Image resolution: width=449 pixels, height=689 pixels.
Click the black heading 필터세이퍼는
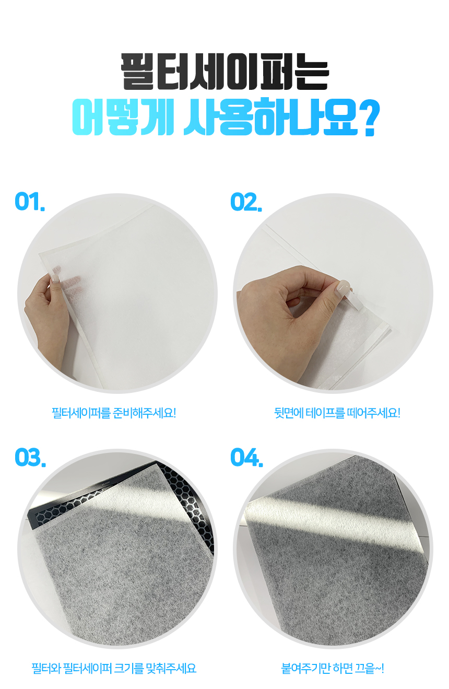click(x=224, y=72)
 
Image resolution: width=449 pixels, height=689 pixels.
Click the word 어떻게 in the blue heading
click(x=123, y=117)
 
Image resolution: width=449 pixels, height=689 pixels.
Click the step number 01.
click(x=30, y=202)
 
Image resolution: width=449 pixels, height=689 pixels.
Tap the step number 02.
click(x=246, y=202)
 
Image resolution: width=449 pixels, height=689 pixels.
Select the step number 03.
click(x=30, y=458)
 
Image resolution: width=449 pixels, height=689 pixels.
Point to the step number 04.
click(x=247, y=458)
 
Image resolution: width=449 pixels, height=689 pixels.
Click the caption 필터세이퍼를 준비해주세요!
click(x=114, y=413)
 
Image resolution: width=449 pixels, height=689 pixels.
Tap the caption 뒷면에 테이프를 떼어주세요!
click(x=337, y=413)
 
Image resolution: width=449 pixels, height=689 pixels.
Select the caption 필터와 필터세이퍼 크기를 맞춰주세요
click(x=114, y=668)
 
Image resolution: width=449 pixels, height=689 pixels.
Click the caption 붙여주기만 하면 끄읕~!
click(x=333, y=668)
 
